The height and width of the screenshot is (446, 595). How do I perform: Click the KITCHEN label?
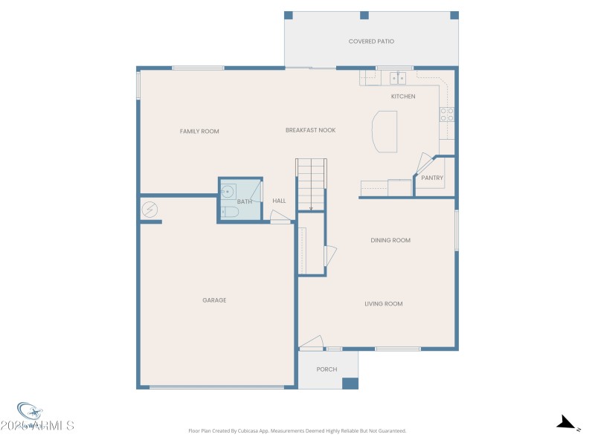(403, 97)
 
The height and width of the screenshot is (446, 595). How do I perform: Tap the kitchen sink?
(398, 78)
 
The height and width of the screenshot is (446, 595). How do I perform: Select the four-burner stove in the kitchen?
(447, 114)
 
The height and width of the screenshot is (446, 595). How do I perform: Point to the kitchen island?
(385, 132)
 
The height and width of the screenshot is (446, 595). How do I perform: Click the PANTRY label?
(432, 178)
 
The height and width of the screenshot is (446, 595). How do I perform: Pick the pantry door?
(423, 164)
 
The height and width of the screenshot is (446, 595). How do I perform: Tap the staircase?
(311, 184)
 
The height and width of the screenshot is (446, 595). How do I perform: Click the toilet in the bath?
(229, 213)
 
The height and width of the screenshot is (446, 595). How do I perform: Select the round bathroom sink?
(228, 191)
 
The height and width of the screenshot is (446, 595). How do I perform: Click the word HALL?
(279, 201)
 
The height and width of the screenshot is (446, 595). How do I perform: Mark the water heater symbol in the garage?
(149, 210)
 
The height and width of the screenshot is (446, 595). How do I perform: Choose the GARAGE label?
(214, 300)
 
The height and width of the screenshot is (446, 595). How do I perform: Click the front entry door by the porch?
(312, 343)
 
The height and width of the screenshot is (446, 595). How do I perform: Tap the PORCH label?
(327, 369)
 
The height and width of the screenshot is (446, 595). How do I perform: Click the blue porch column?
(350, 384)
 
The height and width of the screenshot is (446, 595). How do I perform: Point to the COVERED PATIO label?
(371, 42)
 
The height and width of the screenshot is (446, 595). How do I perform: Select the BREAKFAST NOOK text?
(310, 130)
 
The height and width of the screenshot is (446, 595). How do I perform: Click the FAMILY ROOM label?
(199, 132)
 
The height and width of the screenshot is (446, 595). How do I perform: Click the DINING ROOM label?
(390, 240)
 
